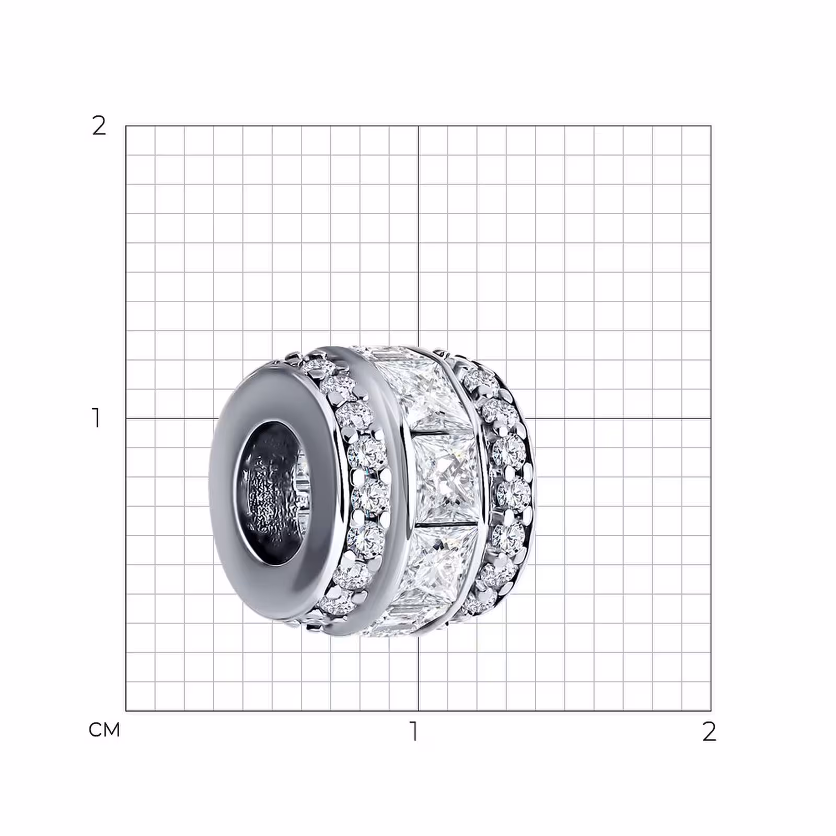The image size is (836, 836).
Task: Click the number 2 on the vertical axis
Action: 99,126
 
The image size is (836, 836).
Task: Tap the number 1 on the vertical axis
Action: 96,418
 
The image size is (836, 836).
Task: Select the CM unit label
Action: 104,729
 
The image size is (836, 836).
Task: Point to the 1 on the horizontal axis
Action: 414,731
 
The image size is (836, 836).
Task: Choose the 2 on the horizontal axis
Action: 709,731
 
